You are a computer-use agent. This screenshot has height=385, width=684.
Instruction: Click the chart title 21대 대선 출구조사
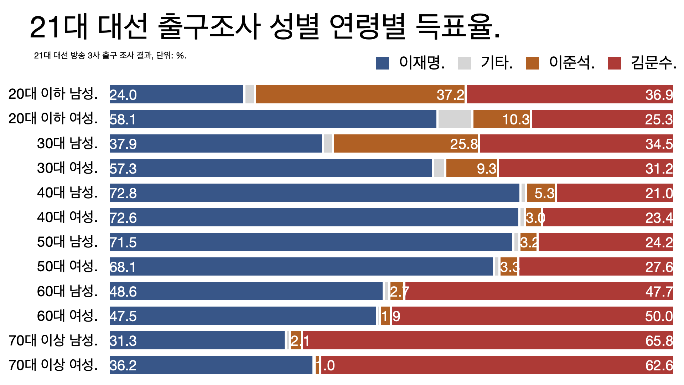coord(265,27)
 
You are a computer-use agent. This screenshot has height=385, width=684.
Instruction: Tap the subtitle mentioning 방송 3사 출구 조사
coord(110,56)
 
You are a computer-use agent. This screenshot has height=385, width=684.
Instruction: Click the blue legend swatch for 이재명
coord(382,63)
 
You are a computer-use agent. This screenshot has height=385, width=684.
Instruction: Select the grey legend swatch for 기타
coord(464,63)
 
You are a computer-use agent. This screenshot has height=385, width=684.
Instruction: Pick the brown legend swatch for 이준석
coord(532,63)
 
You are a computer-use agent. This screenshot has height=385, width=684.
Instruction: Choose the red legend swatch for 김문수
coord(614,63)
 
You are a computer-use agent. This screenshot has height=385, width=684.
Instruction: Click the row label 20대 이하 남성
coord(53,94)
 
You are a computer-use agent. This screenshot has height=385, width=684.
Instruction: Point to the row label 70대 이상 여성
coord(53,365)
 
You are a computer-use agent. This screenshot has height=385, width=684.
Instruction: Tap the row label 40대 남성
coord(67,192)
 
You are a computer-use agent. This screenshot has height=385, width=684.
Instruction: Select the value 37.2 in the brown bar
coord(450,95)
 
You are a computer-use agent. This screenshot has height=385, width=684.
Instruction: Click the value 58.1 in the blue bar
coord(123,119)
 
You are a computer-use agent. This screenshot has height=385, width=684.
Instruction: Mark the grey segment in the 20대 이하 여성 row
coord(455,119)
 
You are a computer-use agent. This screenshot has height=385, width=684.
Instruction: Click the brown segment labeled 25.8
coord(406,144)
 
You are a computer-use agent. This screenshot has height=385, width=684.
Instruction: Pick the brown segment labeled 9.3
coord(471,168)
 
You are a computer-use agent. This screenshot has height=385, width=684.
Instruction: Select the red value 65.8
coord(659,341)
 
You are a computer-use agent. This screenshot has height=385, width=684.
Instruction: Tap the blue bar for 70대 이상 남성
coord(197,340)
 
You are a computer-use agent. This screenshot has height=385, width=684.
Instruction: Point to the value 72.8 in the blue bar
coord(123,193)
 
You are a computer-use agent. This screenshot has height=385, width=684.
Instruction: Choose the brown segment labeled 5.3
coord(541,193)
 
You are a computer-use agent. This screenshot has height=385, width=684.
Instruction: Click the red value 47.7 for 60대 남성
coord(659,292)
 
